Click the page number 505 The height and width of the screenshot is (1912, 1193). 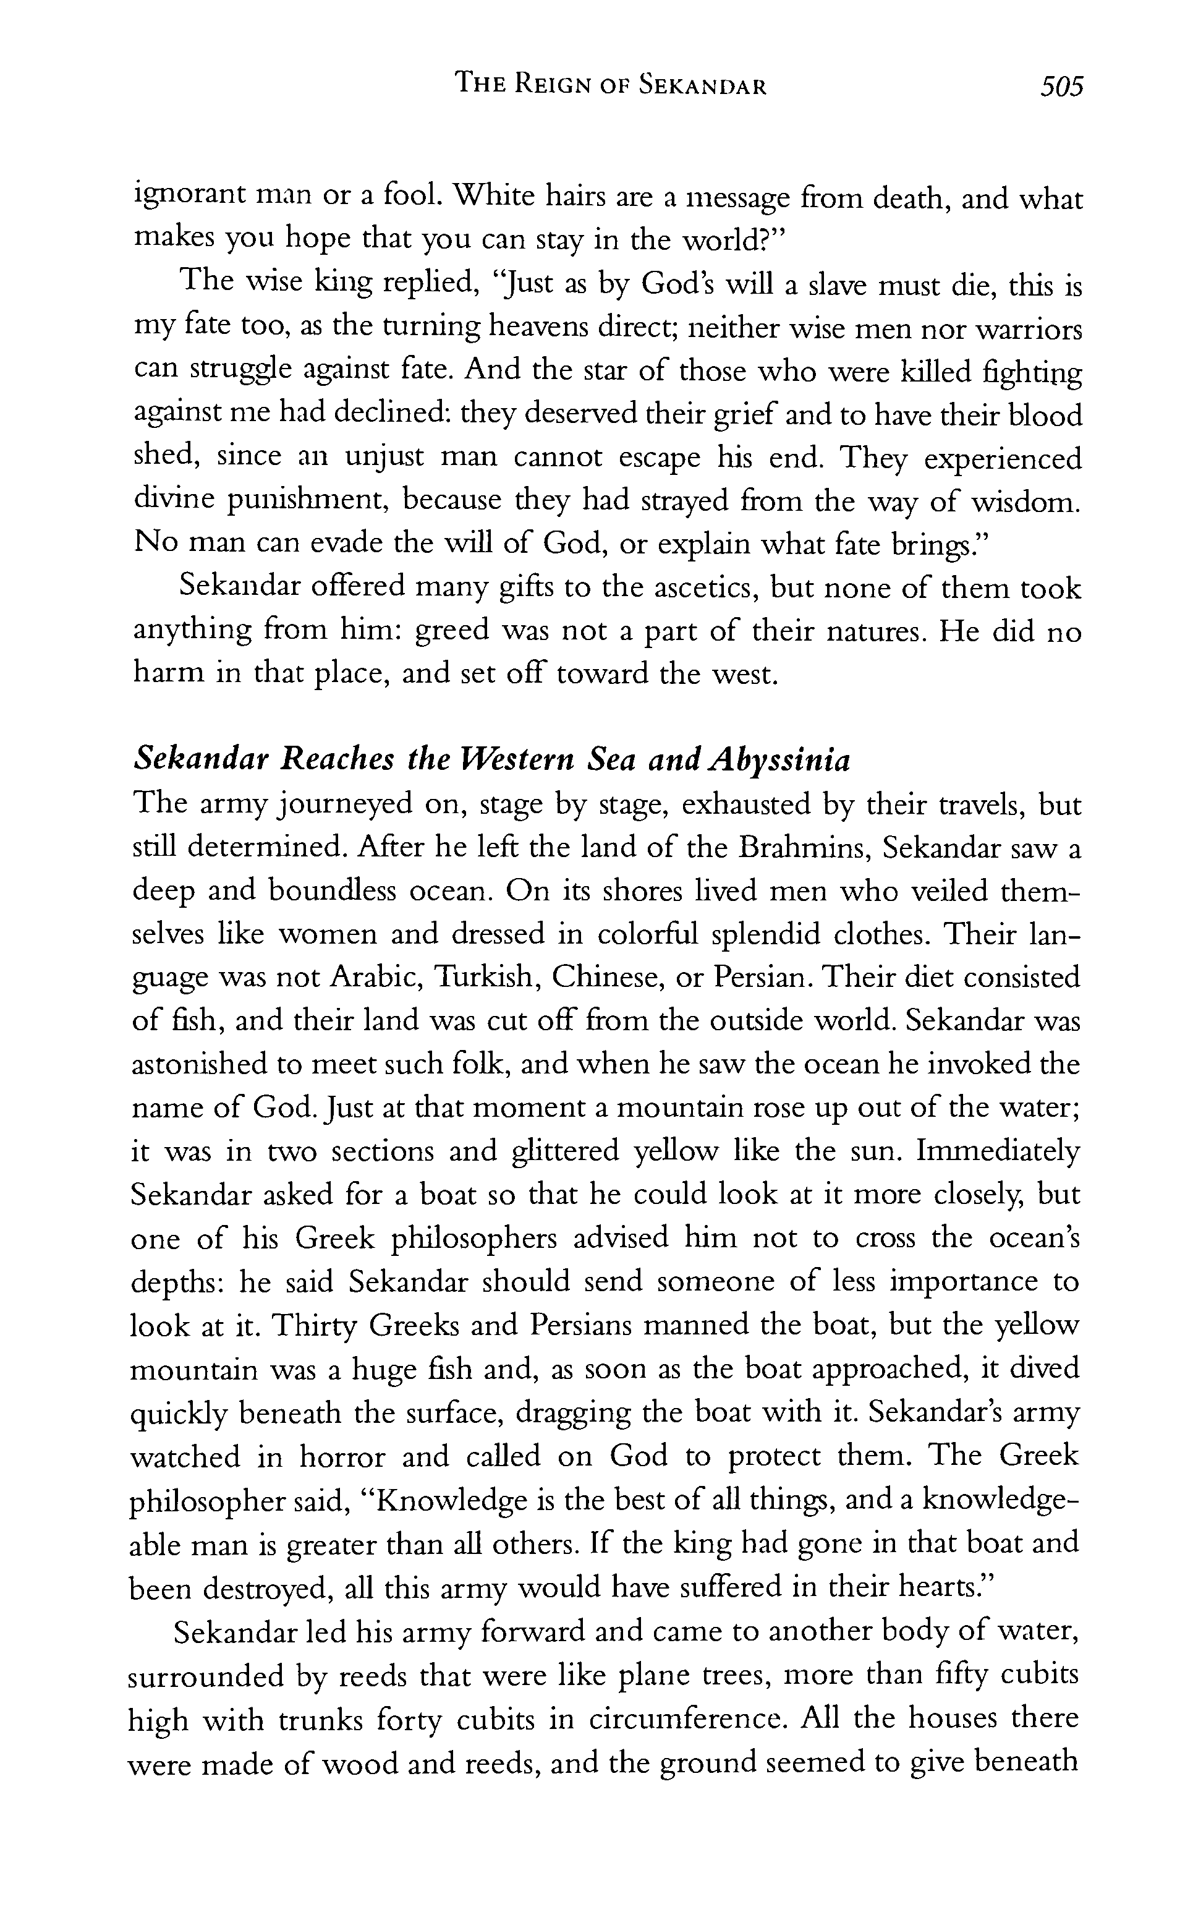click(1062, 86)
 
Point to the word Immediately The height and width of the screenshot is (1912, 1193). click(997, 1152)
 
